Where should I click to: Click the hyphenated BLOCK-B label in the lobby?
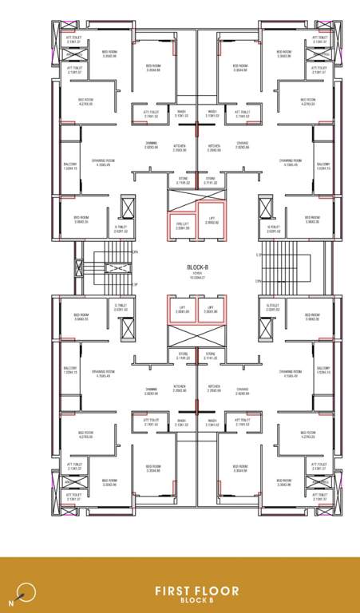[197, 267]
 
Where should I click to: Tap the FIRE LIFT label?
[181, 224]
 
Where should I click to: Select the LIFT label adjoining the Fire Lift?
[211, 218]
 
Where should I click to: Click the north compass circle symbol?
[27, 591]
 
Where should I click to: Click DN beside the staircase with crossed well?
[136, 253]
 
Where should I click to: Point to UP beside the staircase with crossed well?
[136, 284]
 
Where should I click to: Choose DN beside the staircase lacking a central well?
[257, 253]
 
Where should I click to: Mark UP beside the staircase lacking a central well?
[257, 282]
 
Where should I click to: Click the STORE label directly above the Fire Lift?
[183, 179]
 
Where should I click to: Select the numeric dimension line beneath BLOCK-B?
[197, 277]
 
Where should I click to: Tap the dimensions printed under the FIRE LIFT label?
[181, 229]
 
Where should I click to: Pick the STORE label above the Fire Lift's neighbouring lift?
[211, 179]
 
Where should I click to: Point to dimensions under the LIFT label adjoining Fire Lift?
[211, 223]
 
